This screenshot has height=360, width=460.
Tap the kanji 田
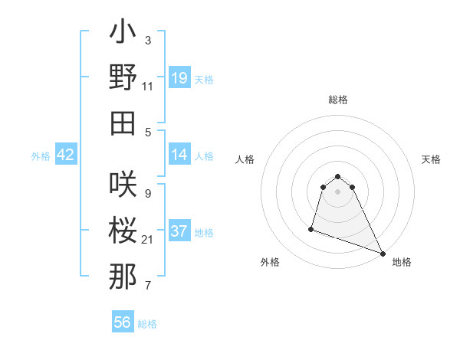pyautogui.click(x=123, y=123)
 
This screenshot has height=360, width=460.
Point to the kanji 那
pyautogui.click(x=123, y=277)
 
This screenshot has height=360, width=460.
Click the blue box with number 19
pyautogui.click(x=179, y=77)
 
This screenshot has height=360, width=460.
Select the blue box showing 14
pyautogui.click(x=179, y=155)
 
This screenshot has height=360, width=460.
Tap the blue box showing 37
pyautogui.click(x=179, y=231)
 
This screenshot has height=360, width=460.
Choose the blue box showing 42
pyautogui.click(x=65, y=155)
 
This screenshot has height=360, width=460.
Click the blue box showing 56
pyautogui.click(x=123, y=322)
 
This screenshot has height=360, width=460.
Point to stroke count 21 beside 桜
pyautogui.click(x=148, y=240)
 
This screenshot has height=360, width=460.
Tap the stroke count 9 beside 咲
pyautogui.click(x=147, y=193)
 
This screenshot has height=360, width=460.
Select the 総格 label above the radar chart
pyautogui.click(x=338, y=100)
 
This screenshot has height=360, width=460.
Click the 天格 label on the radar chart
pyautogui.click(x=431, y=159)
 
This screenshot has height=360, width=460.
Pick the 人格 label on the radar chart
pyautogui.click(x=245, y=159)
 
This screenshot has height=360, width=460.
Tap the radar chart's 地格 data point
pyautogui.click(x=383, y=254)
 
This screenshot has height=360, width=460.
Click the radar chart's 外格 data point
pyautogui.click(x=311, y=228)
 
